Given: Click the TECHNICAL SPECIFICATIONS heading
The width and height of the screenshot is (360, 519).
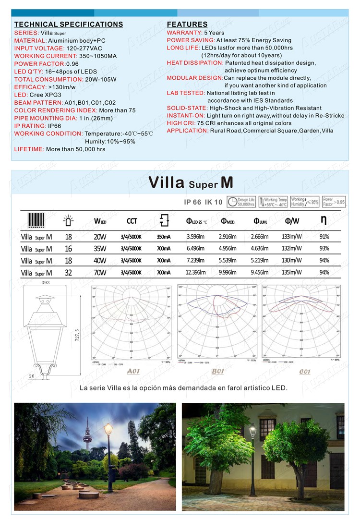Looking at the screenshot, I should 69,24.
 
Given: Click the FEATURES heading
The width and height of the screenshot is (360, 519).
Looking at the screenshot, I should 187,24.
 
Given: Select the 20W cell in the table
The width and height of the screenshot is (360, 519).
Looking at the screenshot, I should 100,236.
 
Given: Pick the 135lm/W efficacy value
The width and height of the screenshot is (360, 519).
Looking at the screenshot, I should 292,272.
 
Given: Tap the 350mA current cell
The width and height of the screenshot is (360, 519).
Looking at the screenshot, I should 163,236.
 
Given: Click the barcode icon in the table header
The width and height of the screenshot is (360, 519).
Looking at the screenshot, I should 36,220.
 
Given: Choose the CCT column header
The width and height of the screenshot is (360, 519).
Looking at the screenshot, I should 132,221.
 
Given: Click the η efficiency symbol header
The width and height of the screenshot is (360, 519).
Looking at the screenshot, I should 324,220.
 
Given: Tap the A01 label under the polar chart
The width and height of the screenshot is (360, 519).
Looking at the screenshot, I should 133,371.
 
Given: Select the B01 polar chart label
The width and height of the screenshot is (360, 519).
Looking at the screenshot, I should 218,371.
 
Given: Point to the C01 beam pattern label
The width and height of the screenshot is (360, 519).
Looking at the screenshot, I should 304,371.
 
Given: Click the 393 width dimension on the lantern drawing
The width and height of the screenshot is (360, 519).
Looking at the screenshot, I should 46,283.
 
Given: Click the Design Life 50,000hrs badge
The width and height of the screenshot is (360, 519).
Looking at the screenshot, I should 241,202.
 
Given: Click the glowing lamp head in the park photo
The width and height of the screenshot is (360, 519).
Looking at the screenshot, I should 108,427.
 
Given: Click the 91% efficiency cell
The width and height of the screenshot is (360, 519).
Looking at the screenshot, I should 324,236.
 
